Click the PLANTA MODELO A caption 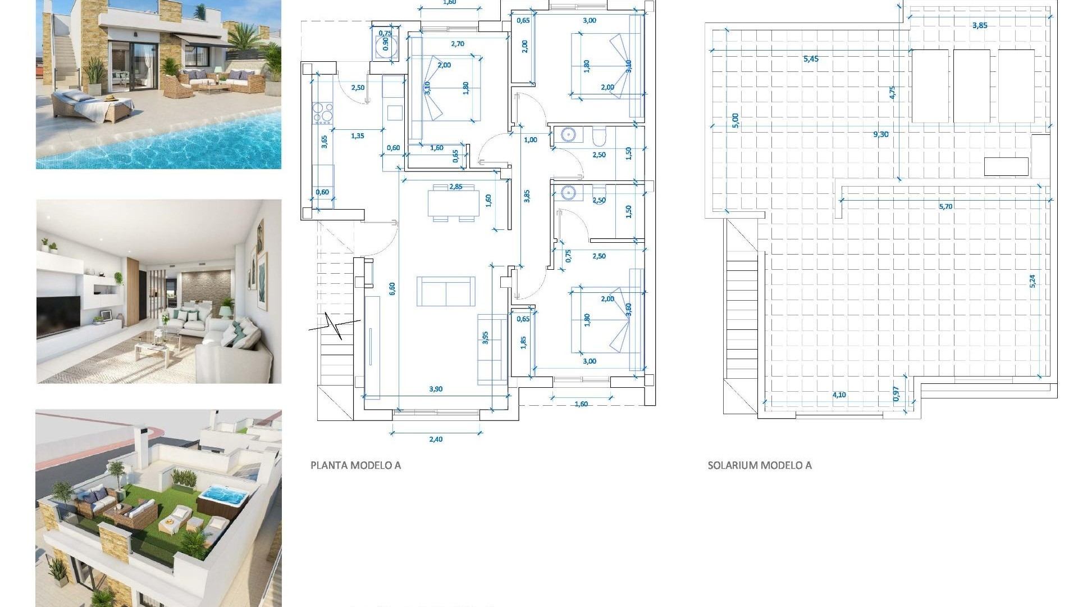[355, 465]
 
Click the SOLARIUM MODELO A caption [759, 465]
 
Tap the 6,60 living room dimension [392, 288]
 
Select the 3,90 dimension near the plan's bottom [436, 389]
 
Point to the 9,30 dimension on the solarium [880, 134]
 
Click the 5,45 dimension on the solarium [811, 59]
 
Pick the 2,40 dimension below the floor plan [436, 440]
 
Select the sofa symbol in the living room [446, 291]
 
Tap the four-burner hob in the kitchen [323, 112]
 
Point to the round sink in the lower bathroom [568, 193]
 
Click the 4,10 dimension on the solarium [839, 395]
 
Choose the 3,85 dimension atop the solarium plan [979, 25]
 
